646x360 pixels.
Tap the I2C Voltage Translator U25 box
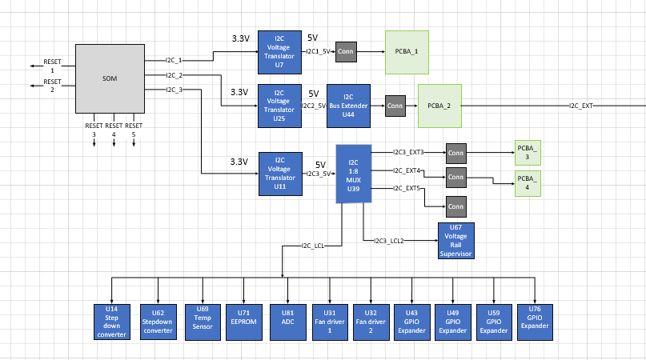[280, 106]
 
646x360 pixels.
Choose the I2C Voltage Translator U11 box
[280, 174]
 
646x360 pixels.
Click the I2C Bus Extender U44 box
[348, 106]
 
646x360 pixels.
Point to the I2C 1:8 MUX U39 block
[353, 174]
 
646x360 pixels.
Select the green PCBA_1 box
[407, 51]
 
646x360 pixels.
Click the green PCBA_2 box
[439, 106]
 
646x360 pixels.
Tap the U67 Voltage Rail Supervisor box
[456, 241]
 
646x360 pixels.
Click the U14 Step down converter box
[111, 322]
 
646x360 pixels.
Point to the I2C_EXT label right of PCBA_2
[581, 106]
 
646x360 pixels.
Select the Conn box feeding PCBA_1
[346, 51]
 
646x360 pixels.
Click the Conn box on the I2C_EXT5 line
[456, 207]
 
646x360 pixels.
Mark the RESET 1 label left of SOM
[52, 66]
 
